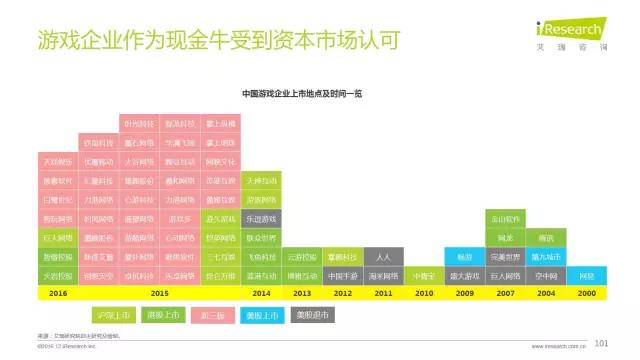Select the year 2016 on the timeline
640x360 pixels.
57,292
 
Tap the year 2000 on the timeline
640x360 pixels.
586,292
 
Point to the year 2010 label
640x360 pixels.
423,292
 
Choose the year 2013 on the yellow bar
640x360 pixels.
302,292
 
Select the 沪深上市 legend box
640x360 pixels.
109,316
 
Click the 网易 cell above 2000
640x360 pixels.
587,275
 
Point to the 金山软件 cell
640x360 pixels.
505,217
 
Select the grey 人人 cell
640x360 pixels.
383,256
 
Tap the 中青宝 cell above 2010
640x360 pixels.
424,275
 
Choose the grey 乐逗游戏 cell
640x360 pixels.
261,217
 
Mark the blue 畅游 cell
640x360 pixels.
465,256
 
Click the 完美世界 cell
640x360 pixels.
505,256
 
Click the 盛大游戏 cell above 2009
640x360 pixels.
465,275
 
